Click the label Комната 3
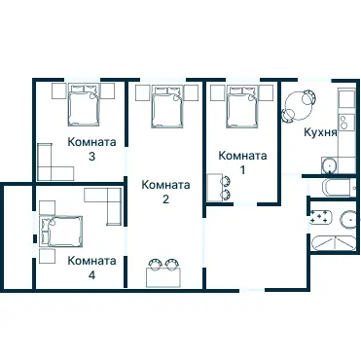click(91, 149)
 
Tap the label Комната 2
click(165, 192)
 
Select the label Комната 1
click(242, 162)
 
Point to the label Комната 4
click(91, 268)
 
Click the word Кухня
click(320, 132)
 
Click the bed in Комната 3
click(84, 105)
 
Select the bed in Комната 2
click(167, 106)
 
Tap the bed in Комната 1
click(242, 106)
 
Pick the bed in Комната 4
click(61, 232)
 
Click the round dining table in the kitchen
click(297, 105)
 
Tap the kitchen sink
click(330, 165)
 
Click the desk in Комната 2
click(163, 277)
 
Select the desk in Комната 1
click(214, 188)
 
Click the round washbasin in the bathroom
click(349, 220)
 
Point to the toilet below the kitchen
click(338, 188)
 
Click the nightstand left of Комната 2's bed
click(143, 93)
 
